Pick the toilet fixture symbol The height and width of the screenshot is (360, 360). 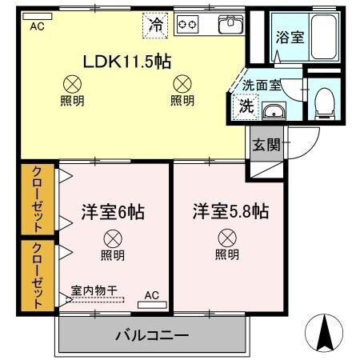(324, 100)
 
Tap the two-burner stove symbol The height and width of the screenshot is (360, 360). (187, 25)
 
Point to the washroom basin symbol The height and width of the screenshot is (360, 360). (274, 111)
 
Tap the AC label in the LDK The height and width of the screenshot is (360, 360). (37, 26)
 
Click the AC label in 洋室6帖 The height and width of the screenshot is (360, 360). (151, 296)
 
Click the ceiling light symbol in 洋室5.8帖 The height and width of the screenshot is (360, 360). (227, 237)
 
